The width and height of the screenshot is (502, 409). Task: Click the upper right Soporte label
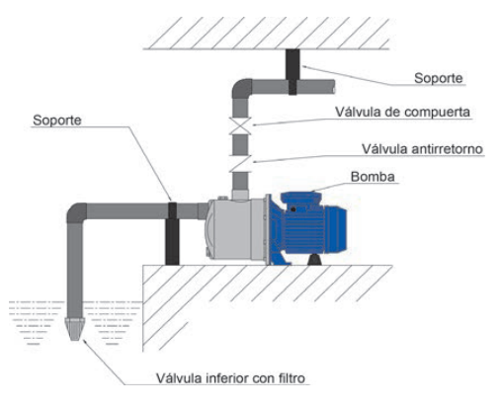[439, 78]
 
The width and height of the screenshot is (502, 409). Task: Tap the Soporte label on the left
[57, 121]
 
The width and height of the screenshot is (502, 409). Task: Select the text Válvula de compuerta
[402, 112]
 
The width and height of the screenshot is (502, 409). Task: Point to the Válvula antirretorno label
[422, 149]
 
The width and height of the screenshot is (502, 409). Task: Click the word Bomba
[373, 177]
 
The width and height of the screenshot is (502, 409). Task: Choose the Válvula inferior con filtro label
[230, 378]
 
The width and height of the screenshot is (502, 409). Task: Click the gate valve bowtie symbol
[240, 125]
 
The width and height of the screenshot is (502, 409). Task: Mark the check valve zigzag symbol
[240, 163]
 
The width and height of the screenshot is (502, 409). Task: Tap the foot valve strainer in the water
[75, 329]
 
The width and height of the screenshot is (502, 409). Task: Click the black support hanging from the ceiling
[293, 72]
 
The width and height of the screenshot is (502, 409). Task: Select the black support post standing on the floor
[172, 234]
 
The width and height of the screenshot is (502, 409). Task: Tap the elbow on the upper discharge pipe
[241, 89]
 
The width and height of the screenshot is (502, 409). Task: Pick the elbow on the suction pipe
[76, 212]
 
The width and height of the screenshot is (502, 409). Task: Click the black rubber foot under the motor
[315, 260]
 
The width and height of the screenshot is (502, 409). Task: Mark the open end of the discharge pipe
[333, 87]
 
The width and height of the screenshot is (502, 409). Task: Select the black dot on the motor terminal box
[293, 209]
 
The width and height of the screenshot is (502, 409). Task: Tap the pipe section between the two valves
[240, 144]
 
